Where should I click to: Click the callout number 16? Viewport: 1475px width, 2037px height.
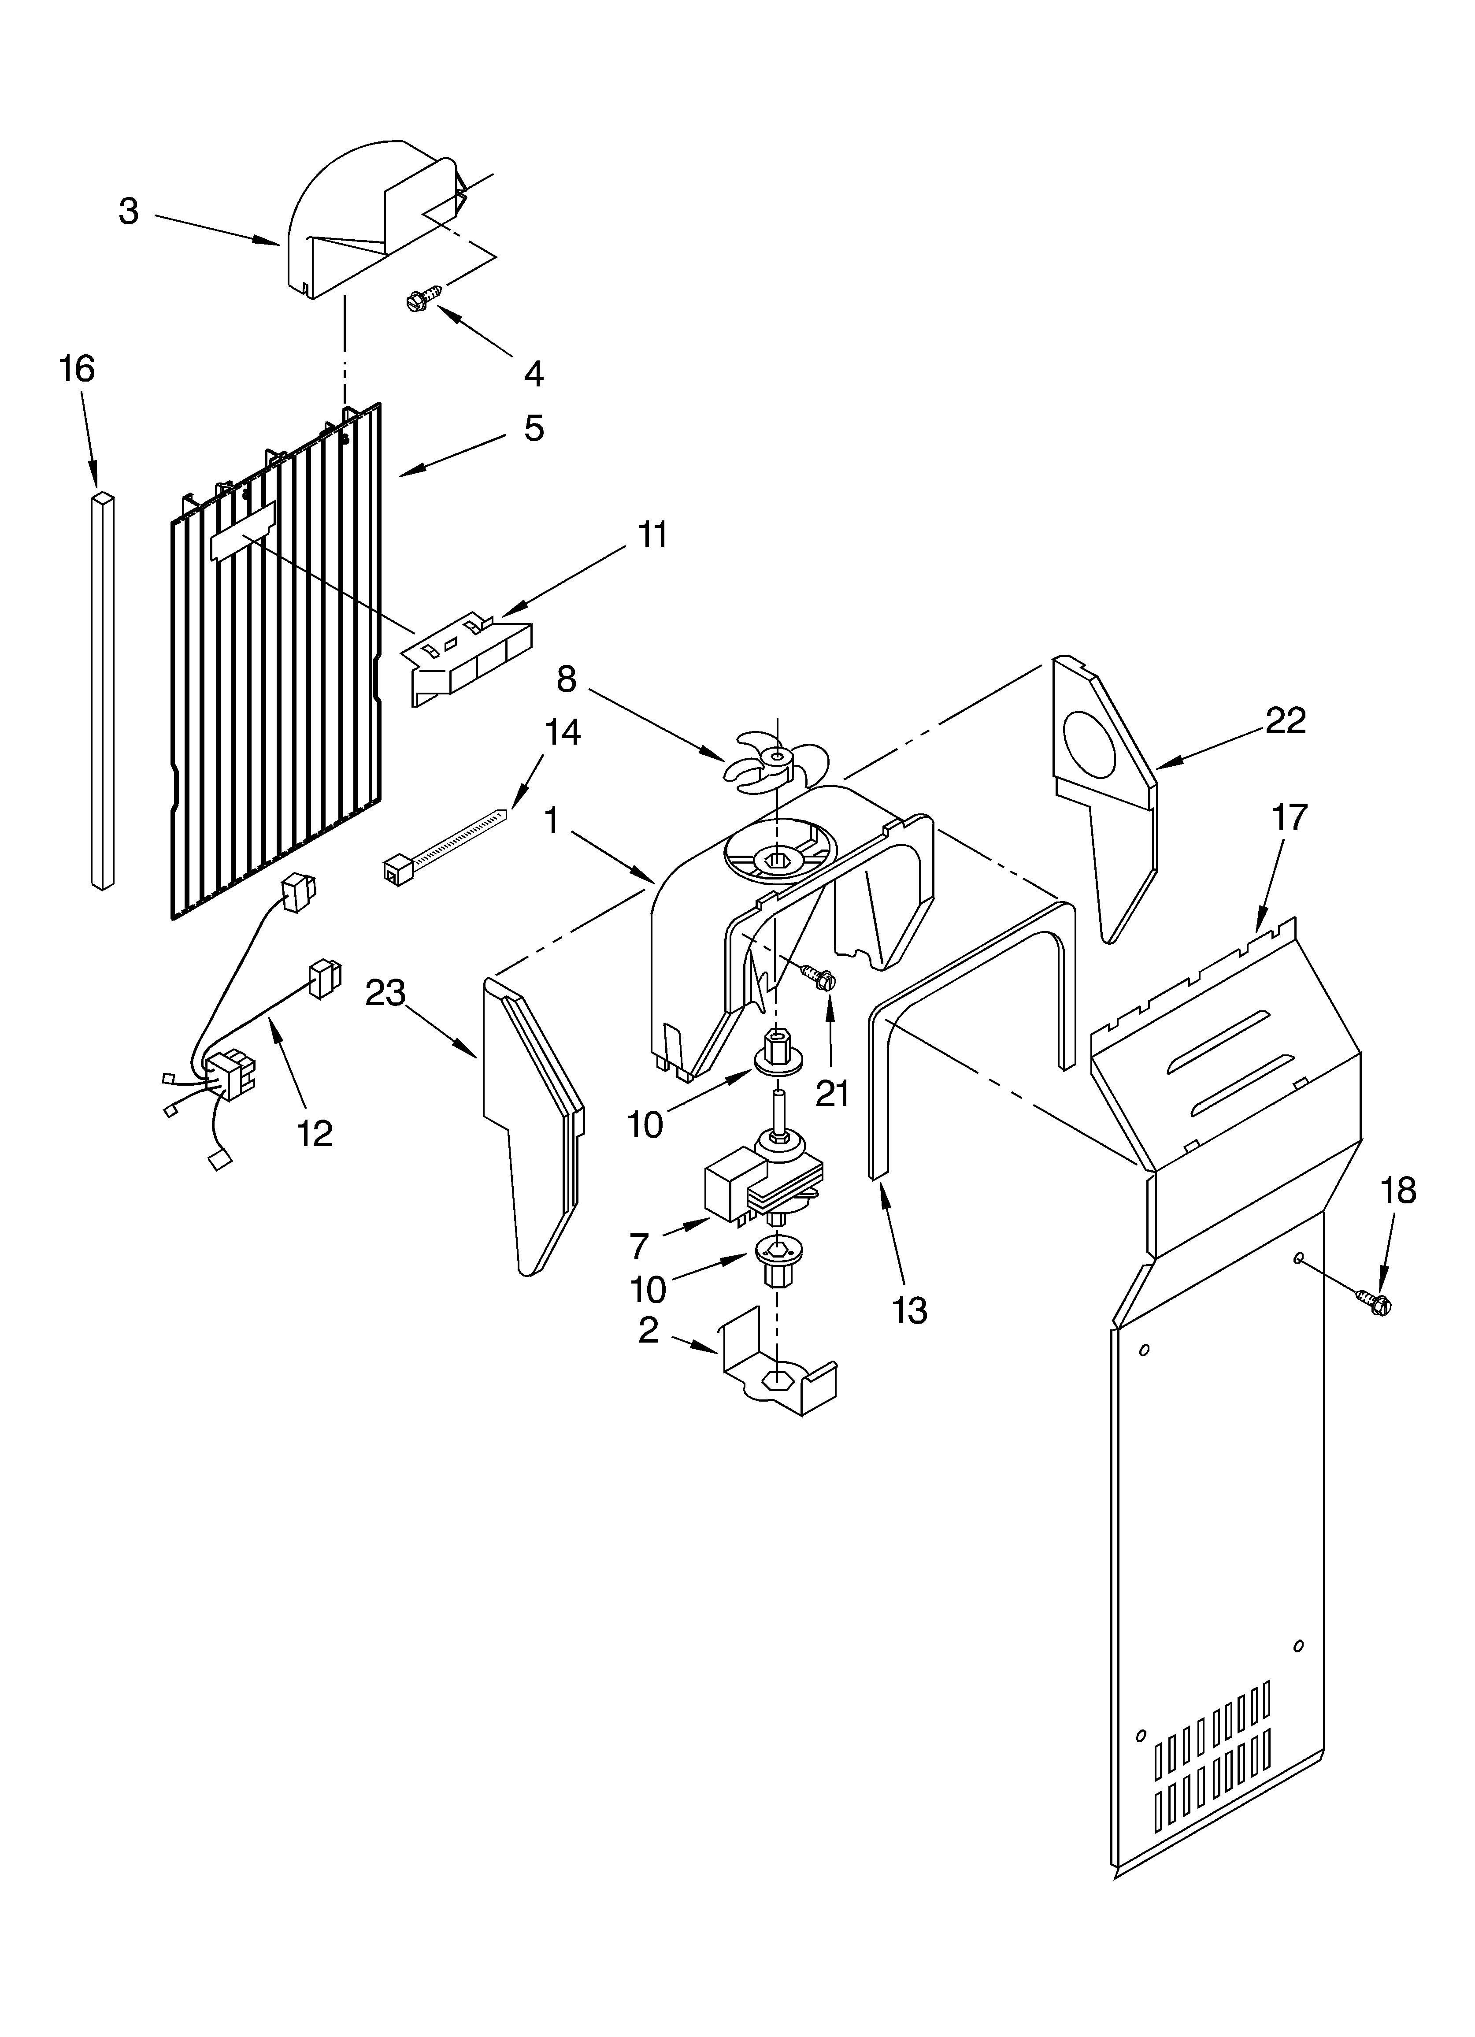(x=77, y=369)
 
